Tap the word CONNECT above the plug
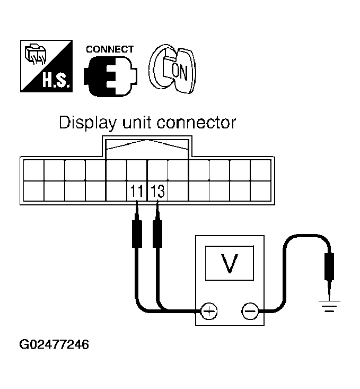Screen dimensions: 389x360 coord(110,49)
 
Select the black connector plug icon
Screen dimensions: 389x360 coord(110,75)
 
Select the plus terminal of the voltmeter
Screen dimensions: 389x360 coord(209,311)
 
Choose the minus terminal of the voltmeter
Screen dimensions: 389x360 coord(249,311)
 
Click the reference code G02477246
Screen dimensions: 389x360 coord(54,344)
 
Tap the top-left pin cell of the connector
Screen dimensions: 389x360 coord(33,170)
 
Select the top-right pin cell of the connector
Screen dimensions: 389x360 coord(260,170)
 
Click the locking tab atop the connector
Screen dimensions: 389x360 coord(147,146)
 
